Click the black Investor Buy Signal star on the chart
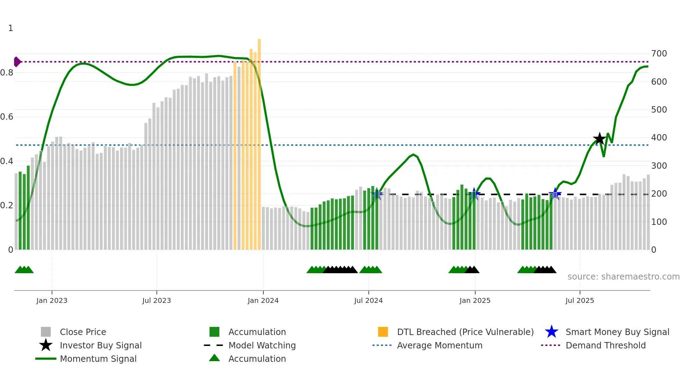tap(599, 139)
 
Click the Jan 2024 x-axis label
tap(263, 300)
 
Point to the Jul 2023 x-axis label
tap(157, 300)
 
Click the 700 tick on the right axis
tap(659, 54)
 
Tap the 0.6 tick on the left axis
tap(7, 117)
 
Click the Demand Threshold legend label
tap(605, 346)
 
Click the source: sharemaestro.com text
tap(623, 277)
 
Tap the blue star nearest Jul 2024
tap(377, 193)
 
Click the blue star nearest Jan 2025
tap(474, 193)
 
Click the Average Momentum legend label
tap(440, 346)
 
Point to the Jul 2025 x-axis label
tap(580, 300)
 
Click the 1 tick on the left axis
tap(11, 28)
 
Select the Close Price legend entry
tap(83, 332)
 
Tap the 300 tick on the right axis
tap(659, 166)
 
